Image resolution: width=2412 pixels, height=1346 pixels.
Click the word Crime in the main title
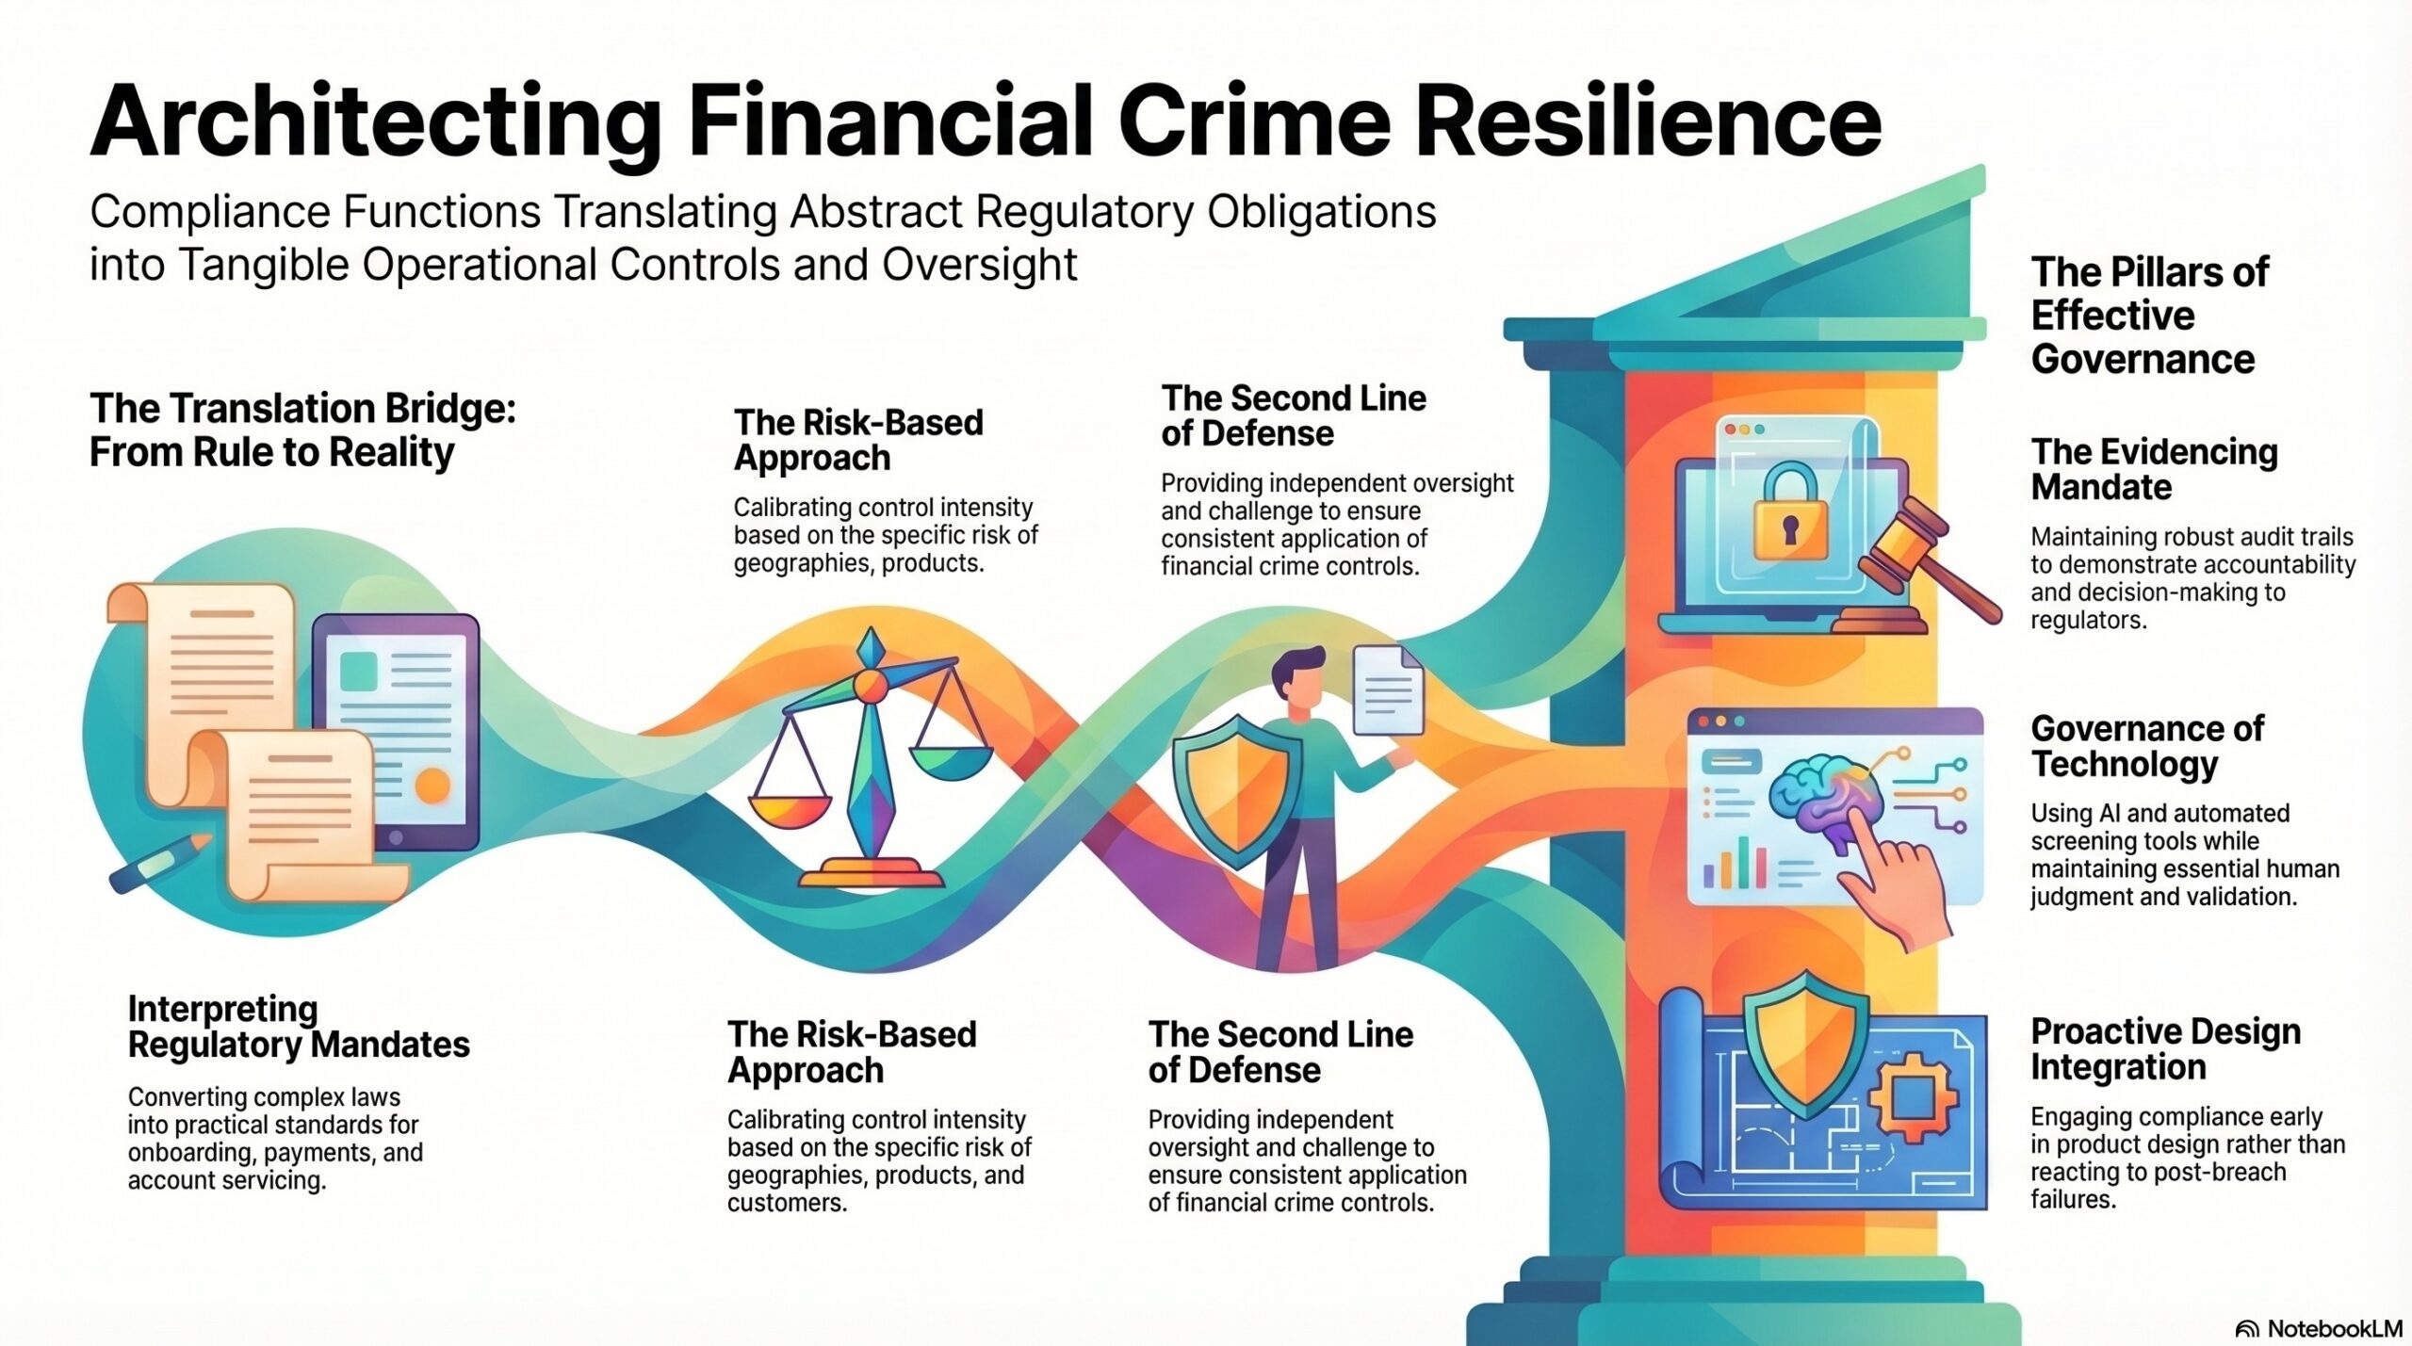click(1255, 122)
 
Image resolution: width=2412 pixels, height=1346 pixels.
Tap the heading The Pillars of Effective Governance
click(2150, 316)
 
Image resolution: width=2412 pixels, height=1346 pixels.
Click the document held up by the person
click(1388, 689)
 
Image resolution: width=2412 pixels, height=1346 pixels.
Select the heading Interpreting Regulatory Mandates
click(299, 1027)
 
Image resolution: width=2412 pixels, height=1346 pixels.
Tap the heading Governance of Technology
click(2147, 746)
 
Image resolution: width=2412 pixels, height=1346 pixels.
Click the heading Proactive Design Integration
click(2165, 1049)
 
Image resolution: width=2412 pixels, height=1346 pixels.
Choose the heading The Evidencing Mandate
click(2154, 469)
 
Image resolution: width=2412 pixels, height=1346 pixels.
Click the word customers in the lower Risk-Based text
click(787, 1203)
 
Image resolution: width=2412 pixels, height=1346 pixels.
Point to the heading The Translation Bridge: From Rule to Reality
click(302, 430)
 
